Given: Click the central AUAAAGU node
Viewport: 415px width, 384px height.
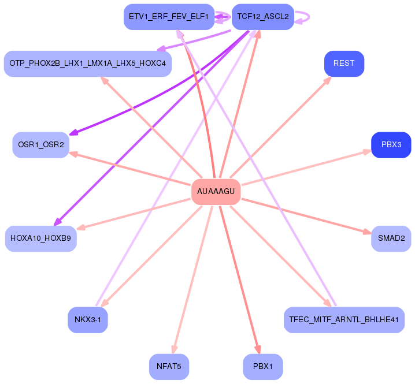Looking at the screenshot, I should click(216, 191).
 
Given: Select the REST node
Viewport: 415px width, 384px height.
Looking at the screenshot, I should click(344, 64).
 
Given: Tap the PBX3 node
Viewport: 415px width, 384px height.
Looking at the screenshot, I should click(391, 144).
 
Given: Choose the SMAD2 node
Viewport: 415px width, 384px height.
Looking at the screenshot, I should click(391, 238).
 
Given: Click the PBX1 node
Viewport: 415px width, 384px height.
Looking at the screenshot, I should click(263, 366).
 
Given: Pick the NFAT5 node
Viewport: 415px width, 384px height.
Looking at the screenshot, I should click(169, 366).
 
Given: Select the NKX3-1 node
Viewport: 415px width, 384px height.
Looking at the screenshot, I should click(88, 319).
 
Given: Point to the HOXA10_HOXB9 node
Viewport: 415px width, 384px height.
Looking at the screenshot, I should click(40, 238).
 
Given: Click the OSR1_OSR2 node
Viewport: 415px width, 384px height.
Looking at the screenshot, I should click(40, 144).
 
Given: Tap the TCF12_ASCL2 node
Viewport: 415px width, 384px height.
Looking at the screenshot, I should click(263, 17).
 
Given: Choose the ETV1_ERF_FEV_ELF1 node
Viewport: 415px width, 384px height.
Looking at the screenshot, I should click(169, 17).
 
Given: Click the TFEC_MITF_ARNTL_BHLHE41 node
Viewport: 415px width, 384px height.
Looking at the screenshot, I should click(344, 319).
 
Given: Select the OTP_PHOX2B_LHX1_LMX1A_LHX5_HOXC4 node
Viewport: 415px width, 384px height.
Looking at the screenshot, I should click(88, 64).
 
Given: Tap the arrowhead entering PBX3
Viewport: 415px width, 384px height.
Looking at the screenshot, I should click(368, 151).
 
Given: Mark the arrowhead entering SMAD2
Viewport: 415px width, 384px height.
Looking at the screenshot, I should click(368, 232).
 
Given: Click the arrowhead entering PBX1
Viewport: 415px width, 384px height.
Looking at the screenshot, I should click(258, 349).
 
